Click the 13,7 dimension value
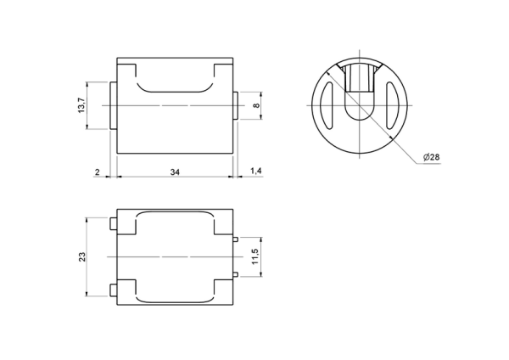click(81, 105)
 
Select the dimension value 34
click(175, 172)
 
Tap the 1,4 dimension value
click(256, 171)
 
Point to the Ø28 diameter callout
click(432, 157)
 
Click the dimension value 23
click(82, 256)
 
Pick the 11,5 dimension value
click(255, 256)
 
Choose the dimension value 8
click(256, 105)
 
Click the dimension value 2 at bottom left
click(98, 172)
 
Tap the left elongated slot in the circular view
click(327, 105)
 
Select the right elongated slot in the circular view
click(392, 105)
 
